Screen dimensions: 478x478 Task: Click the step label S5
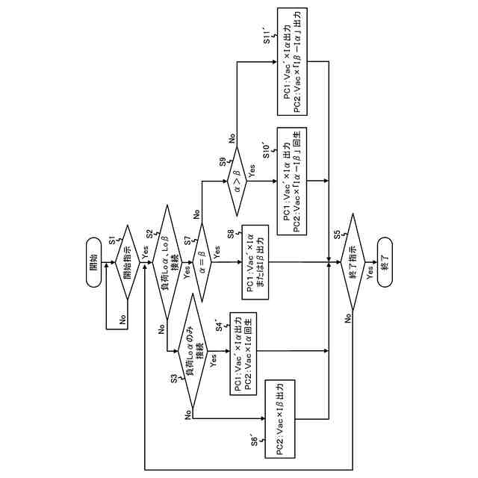coord(338,235)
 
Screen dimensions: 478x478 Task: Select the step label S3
coord(174,380)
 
